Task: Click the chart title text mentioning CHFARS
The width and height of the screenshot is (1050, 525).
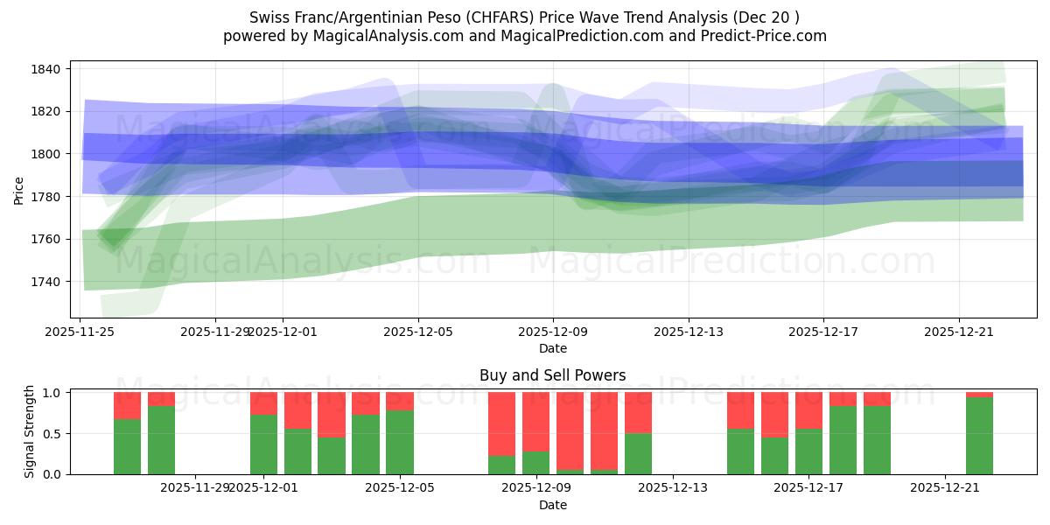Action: [x=524, y=17]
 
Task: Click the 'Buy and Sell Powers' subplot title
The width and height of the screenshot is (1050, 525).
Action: [x=552, y=375]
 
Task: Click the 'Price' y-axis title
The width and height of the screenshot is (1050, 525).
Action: [x=19, y=189]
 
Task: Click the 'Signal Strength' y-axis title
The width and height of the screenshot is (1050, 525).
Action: [x=30, y=432]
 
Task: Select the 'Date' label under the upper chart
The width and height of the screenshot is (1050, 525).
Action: [x=552, y=348]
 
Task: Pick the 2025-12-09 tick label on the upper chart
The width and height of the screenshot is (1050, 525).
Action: [x=553, y=332]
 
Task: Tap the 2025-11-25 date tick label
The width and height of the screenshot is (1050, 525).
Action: [x=80, y=332]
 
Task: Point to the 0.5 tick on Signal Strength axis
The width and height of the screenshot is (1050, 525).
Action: [x=52, y=433]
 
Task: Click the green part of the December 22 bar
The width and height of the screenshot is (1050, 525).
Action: [x=979, y=436]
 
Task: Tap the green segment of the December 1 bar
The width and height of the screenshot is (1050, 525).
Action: [x=263, y=444]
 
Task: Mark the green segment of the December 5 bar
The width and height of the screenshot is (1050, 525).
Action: [x=400, y=442]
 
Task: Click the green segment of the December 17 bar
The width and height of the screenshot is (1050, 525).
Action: [x=808, y=451]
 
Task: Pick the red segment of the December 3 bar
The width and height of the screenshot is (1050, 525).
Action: [x=332, y=415]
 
